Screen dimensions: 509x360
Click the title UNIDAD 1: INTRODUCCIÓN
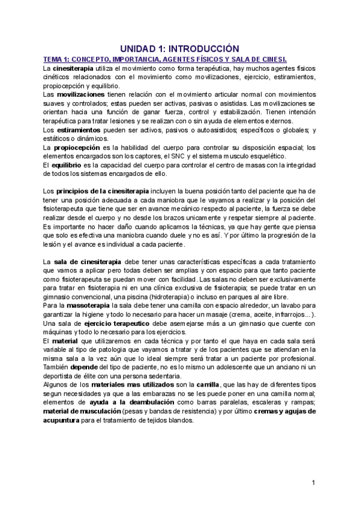[179, 48]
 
